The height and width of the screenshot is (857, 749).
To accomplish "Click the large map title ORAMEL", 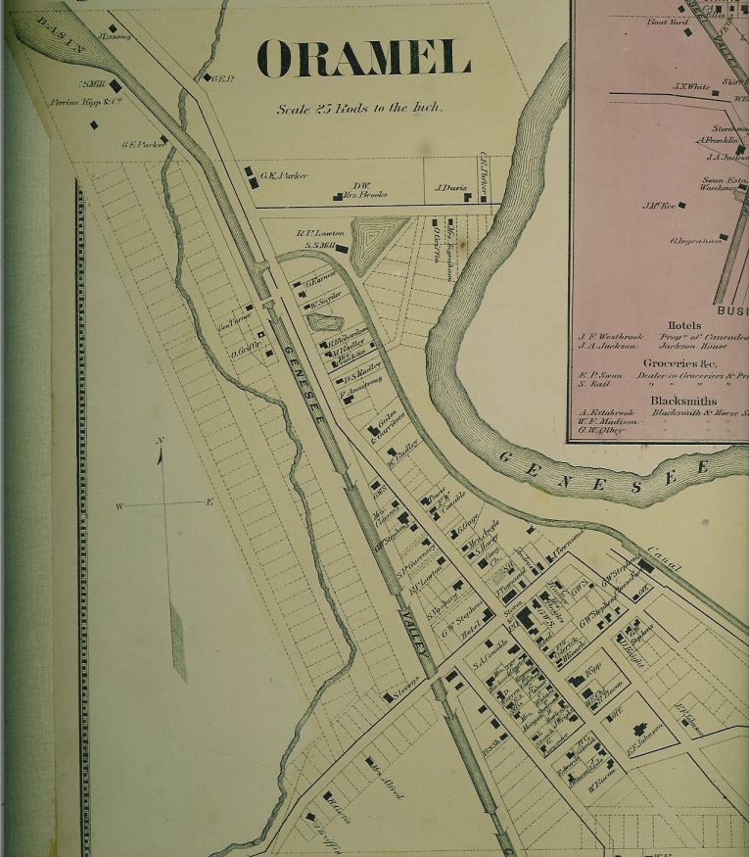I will click(363, 59).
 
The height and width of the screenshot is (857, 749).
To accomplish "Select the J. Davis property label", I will click(450, 188).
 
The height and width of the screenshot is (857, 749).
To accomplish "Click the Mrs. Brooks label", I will click(365, 195).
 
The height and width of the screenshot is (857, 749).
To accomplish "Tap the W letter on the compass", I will click(120, 506).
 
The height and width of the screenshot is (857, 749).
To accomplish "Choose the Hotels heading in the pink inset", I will click(683, 324).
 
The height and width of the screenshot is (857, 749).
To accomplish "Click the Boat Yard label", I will click(663, 22).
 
